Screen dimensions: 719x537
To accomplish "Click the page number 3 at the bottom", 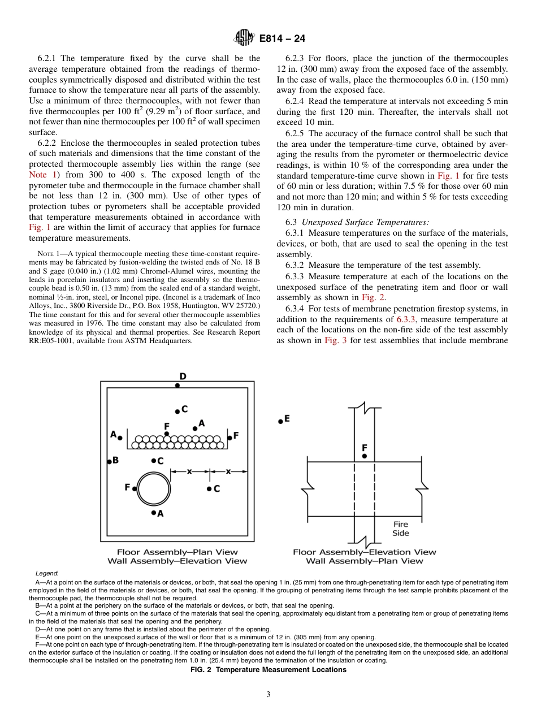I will click(268, 694).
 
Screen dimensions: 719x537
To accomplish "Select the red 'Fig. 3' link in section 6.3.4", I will click(336, 340).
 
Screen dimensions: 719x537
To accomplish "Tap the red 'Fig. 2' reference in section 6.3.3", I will click(374, 297).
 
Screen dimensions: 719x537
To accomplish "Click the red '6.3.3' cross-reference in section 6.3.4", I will click(407, 319).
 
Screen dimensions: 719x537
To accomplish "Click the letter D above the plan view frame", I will click(183, 376).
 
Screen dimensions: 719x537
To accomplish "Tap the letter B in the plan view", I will click(116, 460).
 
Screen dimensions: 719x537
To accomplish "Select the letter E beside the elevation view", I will click(287, 418).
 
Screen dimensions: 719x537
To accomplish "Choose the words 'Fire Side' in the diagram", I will click(400, 529).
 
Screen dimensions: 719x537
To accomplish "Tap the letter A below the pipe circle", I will click(161, 514).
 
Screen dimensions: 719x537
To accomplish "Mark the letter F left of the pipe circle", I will click(127, 487).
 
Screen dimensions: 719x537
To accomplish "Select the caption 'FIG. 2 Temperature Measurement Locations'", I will click(268, 669).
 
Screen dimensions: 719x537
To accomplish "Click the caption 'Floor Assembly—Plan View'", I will click(177, 552).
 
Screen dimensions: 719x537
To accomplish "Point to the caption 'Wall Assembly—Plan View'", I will click(364, 561).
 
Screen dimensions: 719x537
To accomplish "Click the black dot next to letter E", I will click(280, 421).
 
